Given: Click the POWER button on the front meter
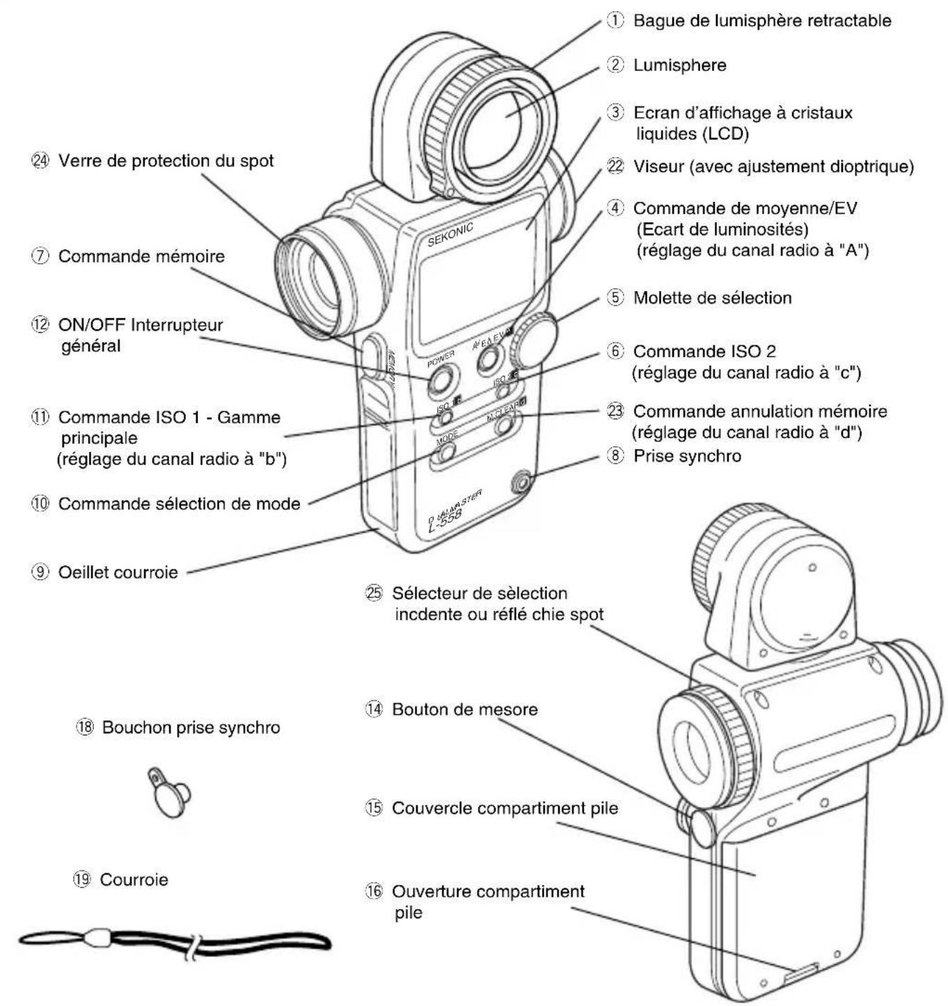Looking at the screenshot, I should (x=443, y=380).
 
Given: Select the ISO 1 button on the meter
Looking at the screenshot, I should (x=445, y=416).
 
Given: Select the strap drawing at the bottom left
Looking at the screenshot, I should (x=174, y=941).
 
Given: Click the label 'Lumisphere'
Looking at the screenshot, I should (x=679, y=65).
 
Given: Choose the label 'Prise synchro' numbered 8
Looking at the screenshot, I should (x=686, y=456).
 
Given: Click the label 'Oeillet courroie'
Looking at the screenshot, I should (x=118, y=572).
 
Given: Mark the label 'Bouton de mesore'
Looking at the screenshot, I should (x=464, y=709).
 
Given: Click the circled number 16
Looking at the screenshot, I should (x=374, y=892).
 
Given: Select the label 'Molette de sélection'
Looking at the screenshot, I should (x=712, y=298).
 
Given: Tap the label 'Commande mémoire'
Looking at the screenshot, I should (x=141, y=256).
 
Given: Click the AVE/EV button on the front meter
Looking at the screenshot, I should (x=490, y=357).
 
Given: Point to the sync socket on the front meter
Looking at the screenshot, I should (x=520, y=480).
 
